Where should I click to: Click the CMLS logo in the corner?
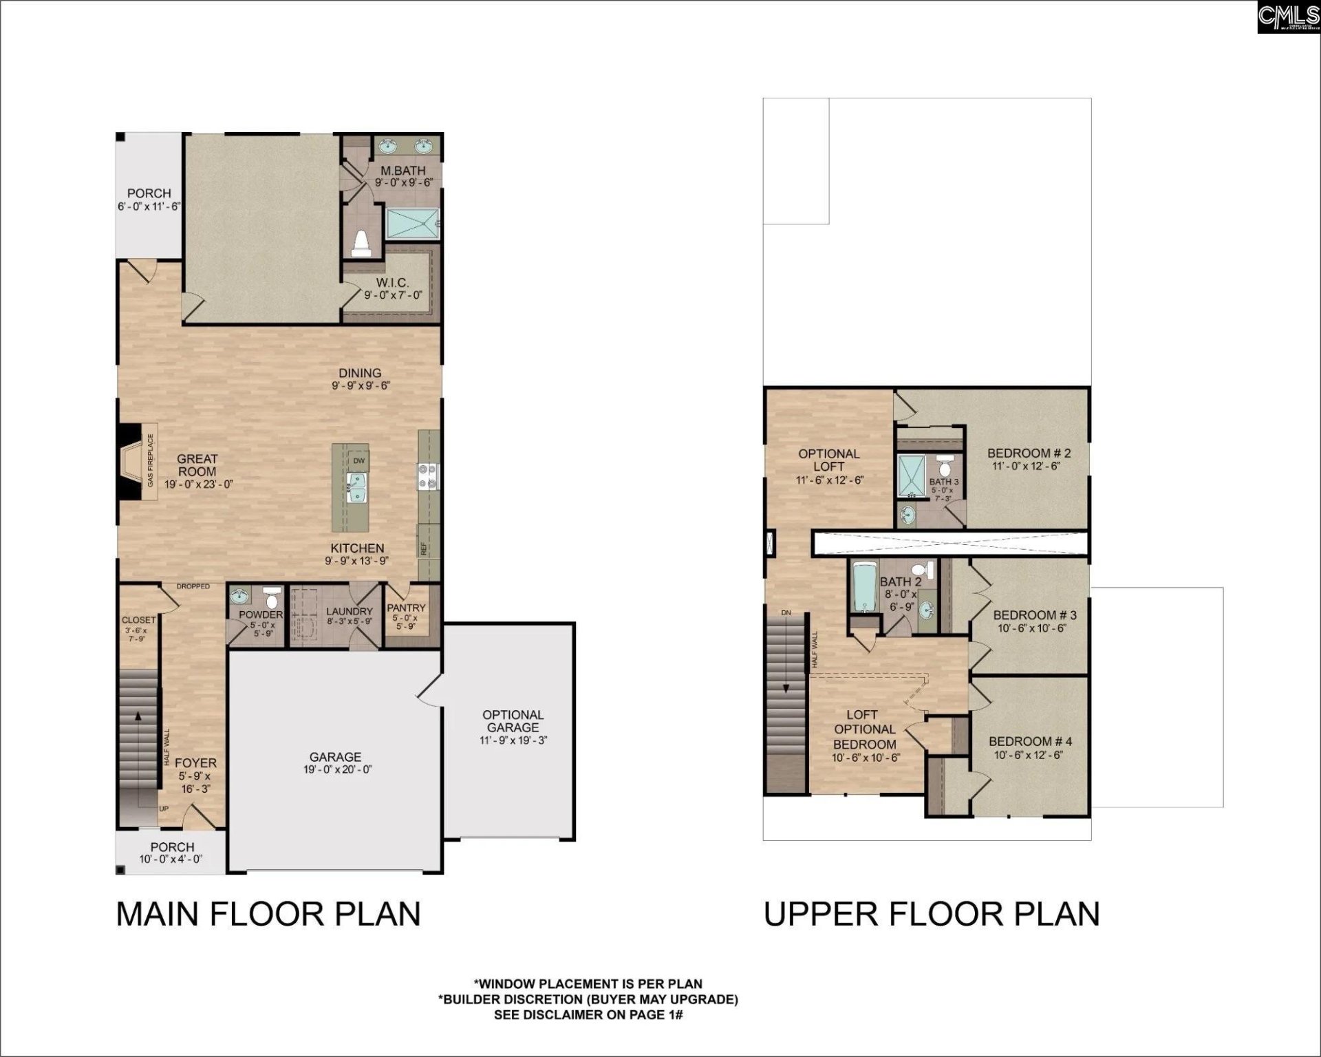1288,17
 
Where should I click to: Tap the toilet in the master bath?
361,243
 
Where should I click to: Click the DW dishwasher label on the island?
358,460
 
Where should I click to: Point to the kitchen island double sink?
358,488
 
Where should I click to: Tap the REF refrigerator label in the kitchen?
425,548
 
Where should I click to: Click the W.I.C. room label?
392,283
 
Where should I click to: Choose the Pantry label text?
406,608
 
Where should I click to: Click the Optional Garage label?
513,720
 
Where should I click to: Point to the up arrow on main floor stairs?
139,716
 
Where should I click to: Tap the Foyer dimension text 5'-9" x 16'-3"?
195,782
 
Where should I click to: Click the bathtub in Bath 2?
863,586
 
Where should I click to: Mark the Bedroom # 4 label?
1030,741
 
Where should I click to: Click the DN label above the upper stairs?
786,612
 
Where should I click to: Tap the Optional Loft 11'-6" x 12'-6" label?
829,467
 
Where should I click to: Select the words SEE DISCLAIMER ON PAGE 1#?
588,1015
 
